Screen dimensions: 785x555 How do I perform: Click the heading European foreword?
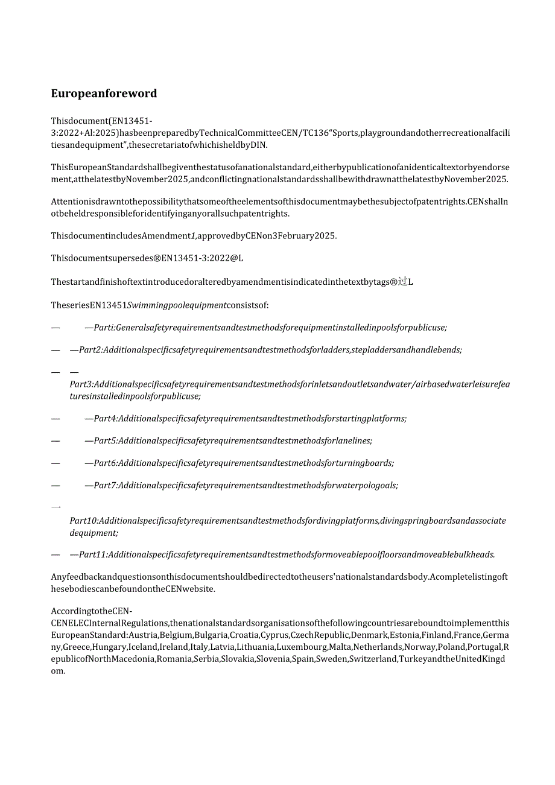point(104,94)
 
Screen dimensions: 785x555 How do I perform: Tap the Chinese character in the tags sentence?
point(402,281)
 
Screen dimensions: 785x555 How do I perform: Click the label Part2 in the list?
point(90,350)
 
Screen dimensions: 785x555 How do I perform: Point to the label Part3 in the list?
point(81,384)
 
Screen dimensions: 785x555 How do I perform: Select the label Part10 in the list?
point(83,521)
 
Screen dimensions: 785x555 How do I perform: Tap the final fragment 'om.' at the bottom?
point(58,671)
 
